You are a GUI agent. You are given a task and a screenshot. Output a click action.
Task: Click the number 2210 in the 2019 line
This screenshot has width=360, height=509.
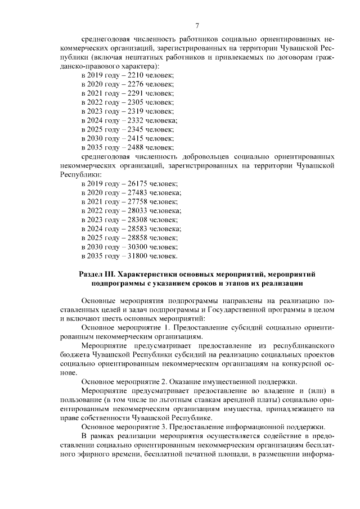tap(133, 75)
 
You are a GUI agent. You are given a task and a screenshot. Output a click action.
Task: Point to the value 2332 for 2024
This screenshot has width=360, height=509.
tap(133, 120)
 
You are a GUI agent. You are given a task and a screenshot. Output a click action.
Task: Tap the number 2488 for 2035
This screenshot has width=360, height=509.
tap(133, 147)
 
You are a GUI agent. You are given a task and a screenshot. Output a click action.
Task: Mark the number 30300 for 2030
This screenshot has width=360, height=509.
tap(136, 247)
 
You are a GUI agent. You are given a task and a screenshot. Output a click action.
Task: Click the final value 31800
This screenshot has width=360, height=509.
tap(136, 256)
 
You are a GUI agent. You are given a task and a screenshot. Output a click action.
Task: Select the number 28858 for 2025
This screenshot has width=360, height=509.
tap(136, 238)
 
